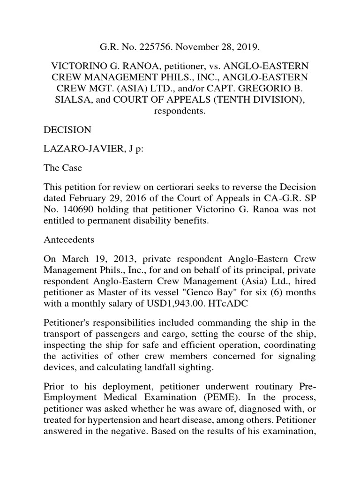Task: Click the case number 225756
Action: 140,47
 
